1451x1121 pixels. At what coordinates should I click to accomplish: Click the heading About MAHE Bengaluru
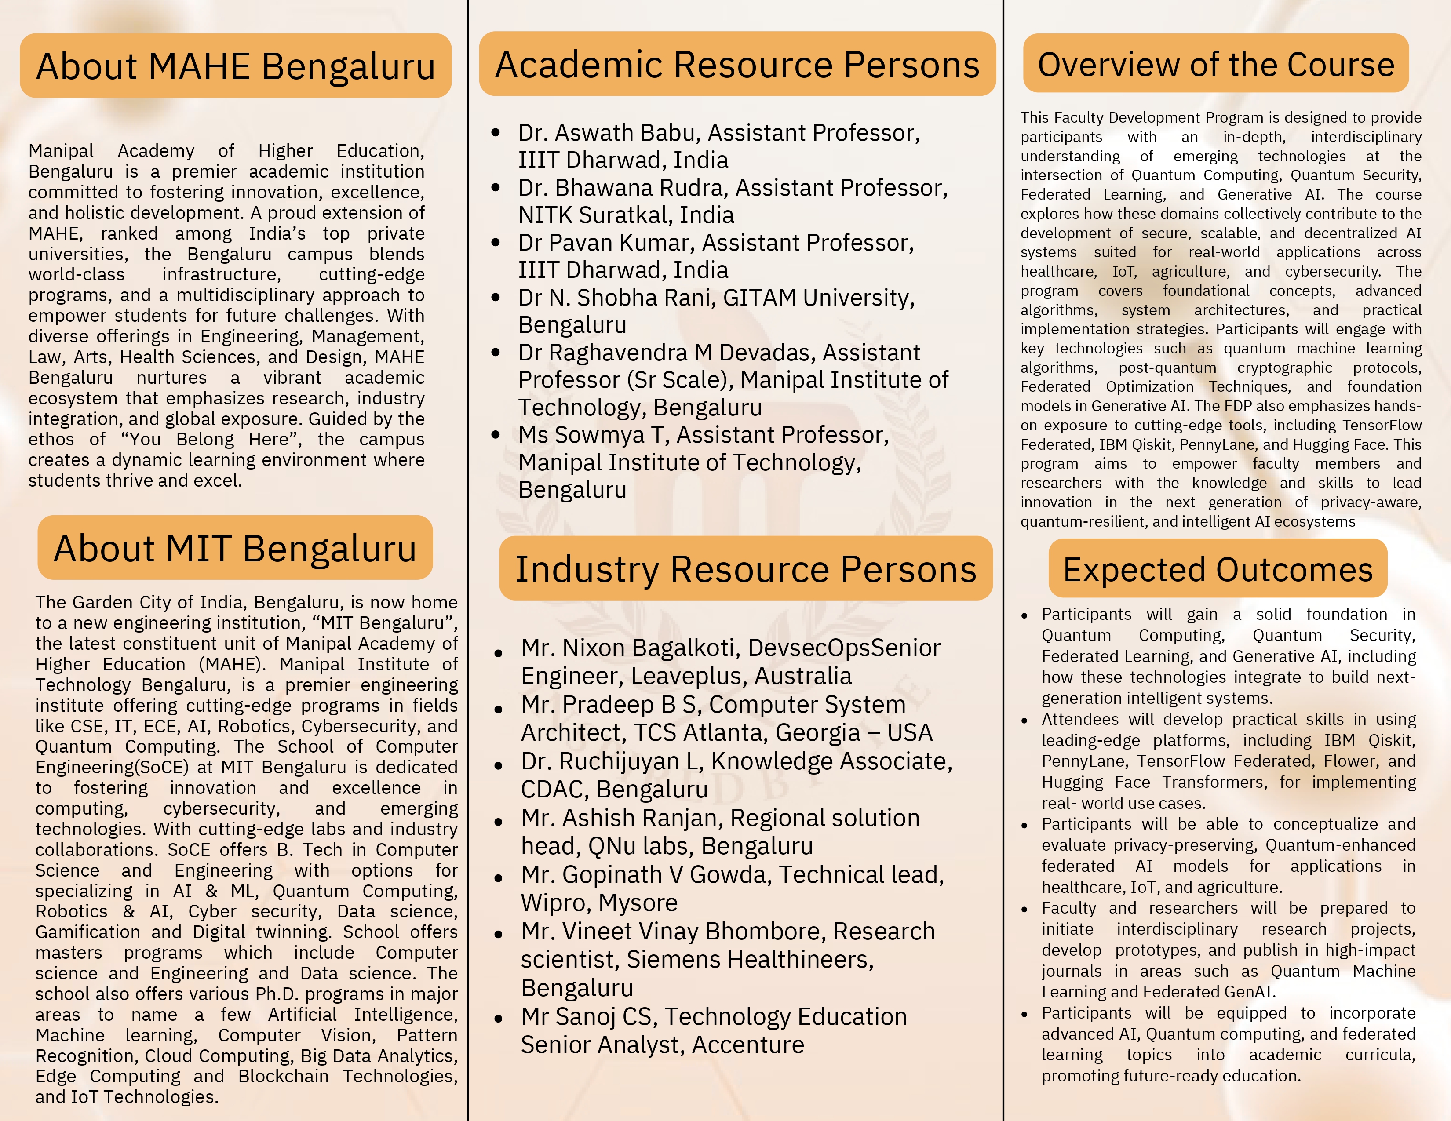point(235,66)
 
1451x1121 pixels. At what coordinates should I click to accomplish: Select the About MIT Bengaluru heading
point(235,549)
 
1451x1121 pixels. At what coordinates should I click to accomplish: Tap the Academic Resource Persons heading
point(737,65)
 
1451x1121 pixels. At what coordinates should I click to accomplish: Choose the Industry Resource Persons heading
point(745,569)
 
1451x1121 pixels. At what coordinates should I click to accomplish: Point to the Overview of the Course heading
point(1216,65)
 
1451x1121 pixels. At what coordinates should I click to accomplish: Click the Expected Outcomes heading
point(1218,569)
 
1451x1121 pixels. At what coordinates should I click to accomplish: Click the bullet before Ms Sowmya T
point(496,435)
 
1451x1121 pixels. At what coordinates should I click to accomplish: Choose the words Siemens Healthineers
point(749,960)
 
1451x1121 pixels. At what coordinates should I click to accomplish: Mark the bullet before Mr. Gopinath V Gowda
point(498,877)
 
